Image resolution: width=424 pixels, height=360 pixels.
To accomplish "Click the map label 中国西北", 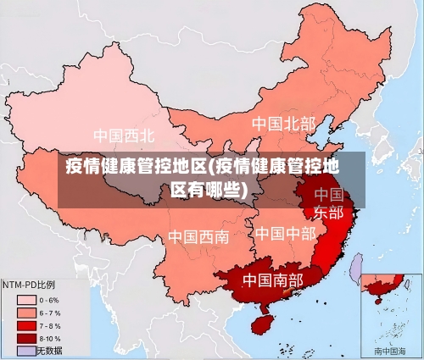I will click(124, 136).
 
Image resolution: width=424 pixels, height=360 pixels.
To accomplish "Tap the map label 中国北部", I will click(283, 124).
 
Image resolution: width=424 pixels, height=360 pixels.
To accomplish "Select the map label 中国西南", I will click(198, 236).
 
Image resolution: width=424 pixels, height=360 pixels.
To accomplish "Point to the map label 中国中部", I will click(285, 233).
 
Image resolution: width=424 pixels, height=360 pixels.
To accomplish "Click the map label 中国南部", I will click(272, 279).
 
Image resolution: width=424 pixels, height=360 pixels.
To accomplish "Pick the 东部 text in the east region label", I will click(329, 212).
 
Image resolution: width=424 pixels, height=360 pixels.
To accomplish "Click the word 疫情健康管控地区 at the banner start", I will click(136, 165).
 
